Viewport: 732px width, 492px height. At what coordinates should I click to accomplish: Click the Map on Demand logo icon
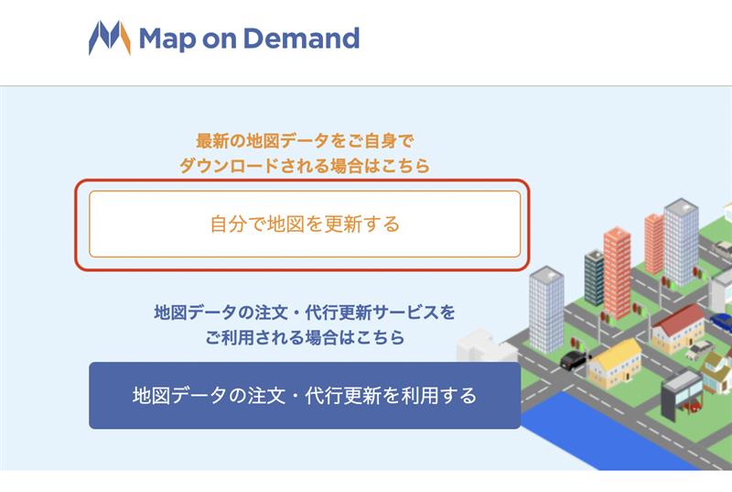pyautogui.click(x=110, y=38)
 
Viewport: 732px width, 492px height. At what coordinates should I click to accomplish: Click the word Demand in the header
pyautogui.click(x=302, y=38)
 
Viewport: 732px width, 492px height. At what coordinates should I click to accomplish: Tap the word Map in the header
pyautogui.click(x=167, y=39)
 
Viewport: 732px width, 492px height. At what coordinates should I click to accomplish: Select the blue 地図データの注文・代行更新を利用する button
pyautogui.click(x=305, y=395)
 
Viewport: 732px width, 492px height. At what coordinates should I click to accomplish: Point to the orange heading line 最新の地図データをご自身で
pyautogui.click(x=305, y=141)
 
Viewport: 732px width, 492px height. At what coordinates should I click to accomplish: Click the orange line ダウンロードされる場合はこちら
pyautogui.click(x=305, y=166)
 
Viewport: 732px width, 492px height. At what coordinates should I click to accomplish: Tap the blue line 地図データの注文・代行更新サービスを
pyautogui.click(x=305, y=312)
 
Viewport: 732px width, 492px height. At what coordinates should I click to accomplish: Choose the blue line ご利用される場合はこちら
pyautogui.click(x=305, y=337)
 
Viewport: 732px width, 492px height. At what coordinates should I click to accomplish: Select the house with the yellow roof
pyautogui.click(x=615, y=363)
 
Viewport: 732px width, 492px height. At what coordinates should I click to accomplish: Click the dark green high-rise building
pyautogui.click(x=594, y=278)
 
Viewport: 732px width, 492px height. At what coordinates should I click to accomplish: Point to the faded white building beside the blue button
pyautogui.click(x=481, y=345)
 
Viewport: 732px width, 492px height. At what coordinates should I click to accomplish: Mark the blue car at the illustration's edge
pyautogui.click(x=722, y=323)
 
